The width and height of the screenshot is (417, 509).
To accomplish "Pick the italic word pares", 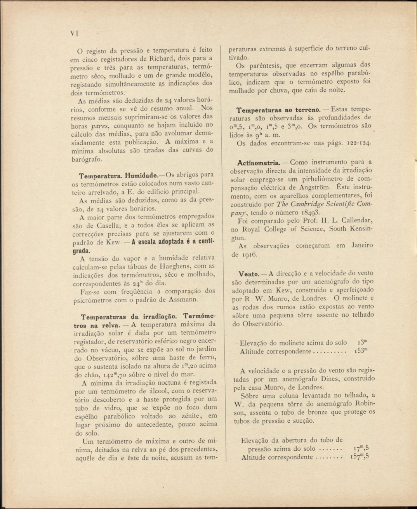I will point(99,125).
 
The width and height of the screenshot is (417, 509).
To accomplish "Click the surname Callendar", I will point(356,221).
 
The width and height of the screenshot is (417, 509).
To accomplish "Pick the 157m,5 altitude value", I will point(361,457).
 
